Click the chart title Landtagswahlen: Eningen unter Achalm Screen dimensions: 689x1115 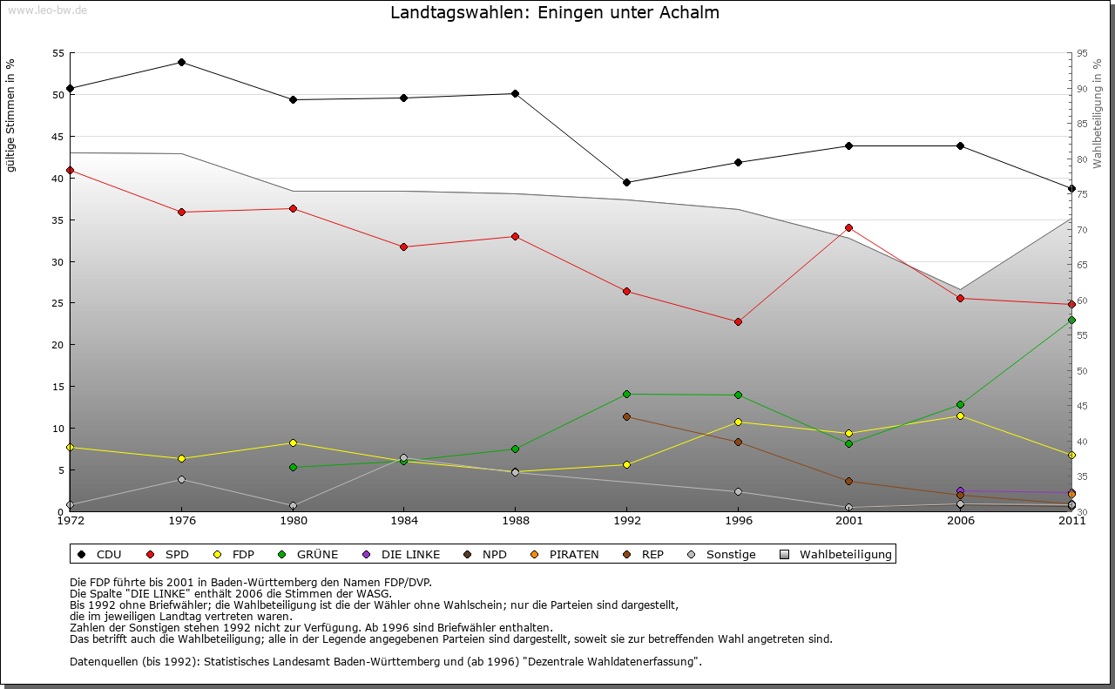pos(555,13)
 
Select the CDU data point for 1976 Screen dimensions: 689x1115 pos(181,62)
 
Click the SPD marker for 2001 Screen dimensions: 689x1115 pos(848,227)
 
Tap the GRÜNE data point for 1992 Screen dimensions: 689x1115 pos(626,394)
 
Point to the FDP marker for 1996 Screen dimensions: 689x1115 pos(738,422)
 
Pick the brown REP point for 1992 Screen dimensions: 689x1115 pos(626,416)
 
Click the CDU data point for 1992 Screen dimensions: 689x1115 pos(626,182)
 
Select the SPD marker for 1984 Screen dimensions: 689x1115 pos(403,247)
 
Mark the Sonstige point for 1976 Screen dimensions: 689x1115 pos(181,479)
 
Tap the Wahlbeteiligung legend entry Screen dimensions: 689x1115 pos(836,554)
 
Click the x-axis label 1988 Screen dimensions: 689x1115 pos(515,521)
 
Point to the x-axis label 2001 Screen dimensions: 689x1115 pos(848,521)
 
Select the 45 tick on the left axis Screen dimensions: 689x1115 pos(58,137)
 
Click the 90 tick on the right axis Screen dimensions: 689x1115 pos(1082,89)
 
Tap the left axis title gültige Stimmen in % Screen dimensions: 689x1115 pos(11,115)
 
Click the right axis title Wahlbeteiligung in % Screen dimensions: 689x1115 pos(1098,113)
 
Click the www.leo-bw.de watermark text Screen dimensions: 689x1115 pos(45,10)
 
